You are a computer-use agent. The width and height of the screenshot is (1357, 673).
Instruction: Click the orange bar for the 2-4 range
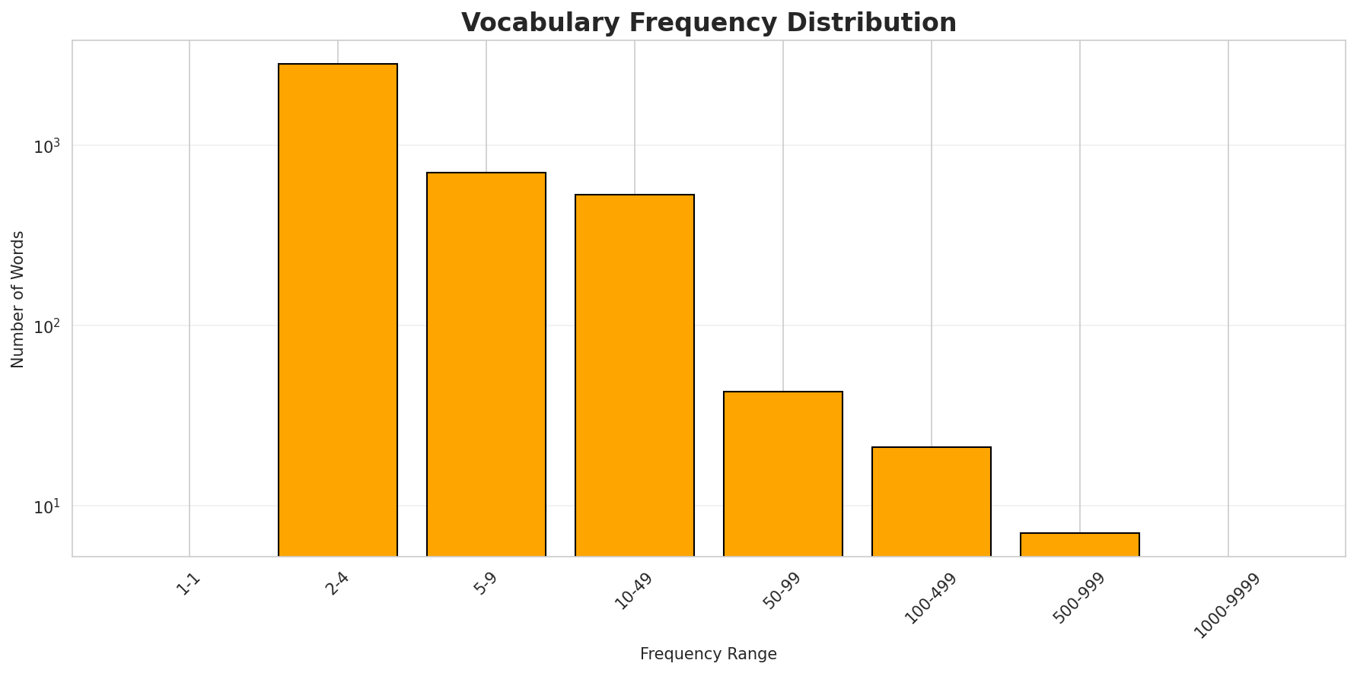[338, 310]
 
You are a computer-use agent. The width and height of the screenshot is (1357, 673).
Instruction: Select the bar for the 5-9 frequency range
[486, 364]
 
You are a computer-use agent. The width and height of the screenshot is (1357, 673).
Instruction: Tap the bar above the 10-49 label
[635, 375]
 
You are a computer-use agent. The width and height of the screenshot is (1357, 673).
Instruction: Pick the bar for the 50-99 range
[783, 474]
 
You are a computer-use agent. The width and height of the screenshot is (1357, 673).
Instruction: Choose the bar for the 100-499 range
[932, 501]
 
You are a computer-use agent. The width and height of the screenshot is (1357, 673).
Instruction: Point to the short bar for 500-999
[1080, 544]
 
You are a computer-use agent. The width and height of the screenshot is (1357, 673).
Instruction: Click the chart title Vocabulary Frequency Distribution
[709, 22]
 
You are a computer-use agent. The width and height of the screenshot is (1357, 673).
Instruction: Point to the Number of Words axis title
[18, 299]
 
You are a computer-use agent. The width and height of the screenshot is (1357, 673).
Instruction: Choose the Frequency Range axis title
[709, 654]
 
